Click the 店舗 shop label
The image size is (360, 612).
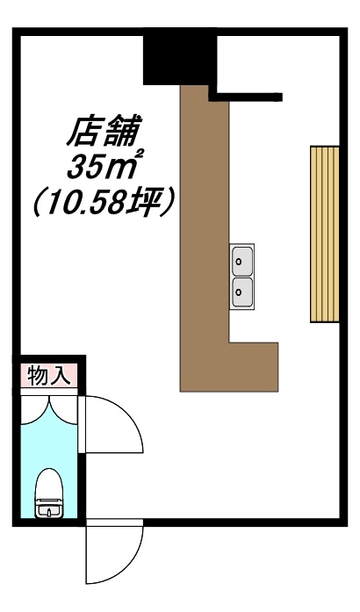tap(103, 131)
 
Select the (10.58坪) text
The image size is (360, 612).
tap(103, 202)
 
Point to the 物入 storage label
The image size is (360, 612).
tap(49, 377)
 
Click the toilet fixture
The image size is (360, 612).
tap(49, 493)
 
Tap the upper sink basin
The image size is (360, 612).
tap(242, 260)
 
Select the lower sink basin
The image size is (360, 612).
tap(242, 292)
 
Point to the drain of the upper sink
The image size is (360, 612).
tap(239, 260)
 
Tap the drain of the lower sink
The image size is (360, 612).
tap(239, 292)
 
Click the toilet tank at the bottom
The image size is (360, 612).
tap(49, 508)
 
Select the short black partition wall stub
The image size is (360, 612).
tap(246, 97)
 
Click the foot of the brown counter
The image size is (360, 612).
tap(254, 367)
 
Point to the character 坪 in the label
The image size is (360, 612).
tap(149, 202)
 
